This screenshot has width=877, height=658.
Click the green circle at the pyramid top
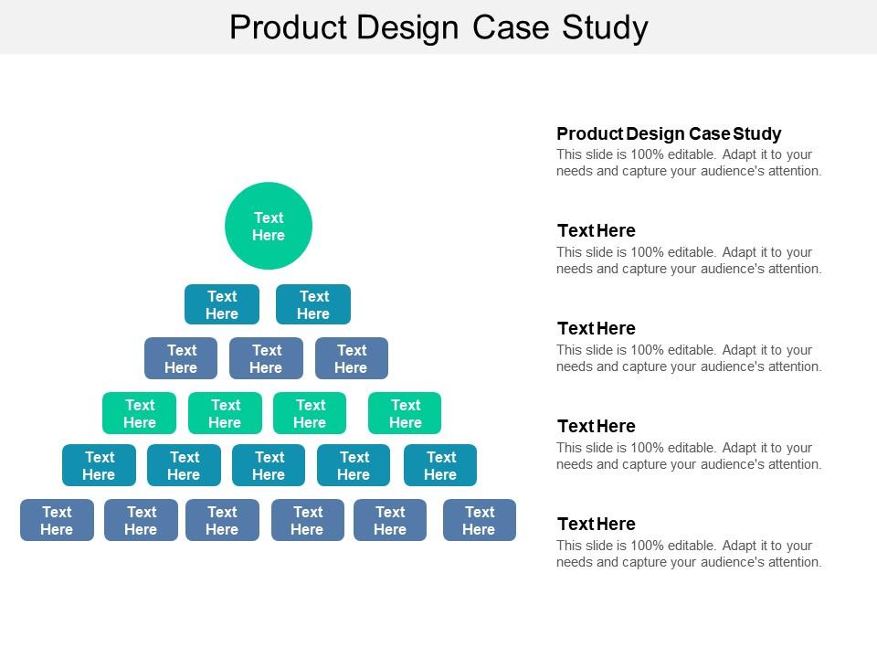pyautogui.click(x=269, y=226)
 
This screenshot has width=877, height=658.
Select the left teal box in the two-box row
pyautogui.click(x=222, y=304)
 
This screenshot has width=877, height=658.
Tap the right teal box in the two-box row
pyautogui.click(x=313, y=304)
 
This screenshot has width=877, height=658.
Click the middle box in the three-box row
pyautogui.click(x=266, y=358)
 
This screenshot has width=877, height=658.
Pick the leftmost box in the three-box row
pyautogui.click(x=181, y=358)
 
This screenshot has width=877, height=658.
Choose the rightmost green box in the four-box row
pyautogui.click(x=405, y=413)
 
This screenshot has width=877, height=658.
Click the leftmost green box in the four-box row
pyautogui.click(x=139, y=413)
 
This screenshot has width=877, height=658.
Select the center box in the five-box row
pyautogui.click(x=269, y=465)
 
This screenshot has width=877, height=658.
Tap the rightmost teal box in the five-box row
pyautogui.click(x=440, y=465)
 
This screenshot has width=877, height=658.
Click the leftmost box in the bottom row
pyautogui.click(x=57, y=520)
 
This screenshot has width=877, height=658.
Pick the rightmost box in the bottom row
pyautogui.click(x=480, y=520)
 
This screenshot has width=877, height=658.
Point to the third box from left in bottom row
pyautogui.click(x=222, y=520)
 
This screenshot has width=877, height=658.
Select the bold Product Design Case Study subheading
pyautogui.click(x=669, y=133)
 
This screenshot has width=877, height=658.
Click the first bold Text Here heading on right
pyautogui.click(x=597, y=230)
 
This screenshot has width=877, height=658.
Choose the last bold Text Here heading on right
pyautogui.click(x=597, y=524)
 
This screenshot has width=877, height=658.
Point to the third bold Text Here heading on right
pyautogui.click(x=597, y=426)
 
